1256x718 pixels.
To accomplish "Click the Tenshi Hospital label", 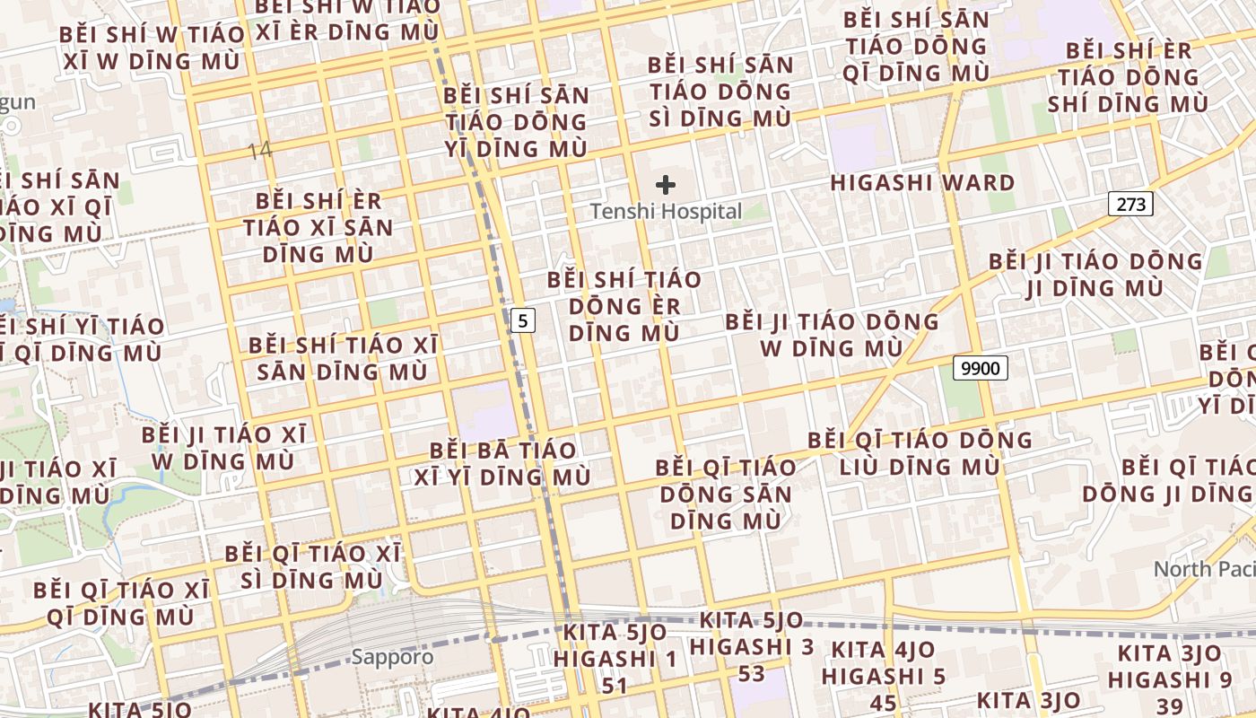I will (666, 212).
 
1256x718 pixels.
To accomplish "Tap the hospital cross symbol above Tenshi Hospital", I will (666, 185).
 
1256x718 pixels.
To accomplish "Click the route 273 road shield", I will (1131, 204).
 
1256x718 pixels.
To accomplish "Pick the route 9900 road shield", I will (981, 367).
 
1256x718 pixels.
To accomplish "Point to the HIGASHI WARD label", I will (922, 183).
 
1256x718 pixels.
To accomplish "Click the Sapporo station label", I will (392, 656).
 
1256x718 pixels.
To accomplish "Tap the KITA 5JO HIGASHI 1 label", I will (615, 659).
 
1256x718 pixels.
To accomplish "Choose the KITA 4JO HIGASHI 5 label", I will (884, 675).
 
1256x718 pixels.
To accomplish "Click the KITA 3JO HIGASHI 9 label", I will (1170, 679).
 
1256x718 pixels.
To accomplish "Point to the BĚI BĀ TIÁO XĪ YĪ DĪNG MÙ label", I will (502, 463).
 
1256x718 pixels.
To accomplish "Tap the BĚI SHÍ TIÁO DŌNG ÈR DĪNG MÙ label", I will (624, 306).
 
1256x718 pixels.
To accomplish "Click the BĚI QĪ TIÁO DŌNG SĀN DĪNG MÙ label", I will (726, 494).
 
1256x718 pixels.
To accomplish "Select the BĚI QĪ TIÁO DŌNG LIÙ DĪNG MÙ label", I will (920, 453).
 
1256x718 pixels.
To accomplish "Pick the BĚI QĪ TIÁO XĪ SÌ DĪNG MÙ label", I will (313, 566).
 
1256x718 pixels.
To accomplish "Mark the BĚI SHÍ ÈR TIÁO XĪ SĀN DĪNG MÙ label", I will (318, 227).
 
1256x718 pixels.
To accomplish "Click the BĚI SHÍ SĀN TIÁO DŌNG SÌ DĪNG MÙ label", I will (721, 92).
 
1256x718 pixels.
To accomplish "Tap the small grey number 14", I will (259, 151).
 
